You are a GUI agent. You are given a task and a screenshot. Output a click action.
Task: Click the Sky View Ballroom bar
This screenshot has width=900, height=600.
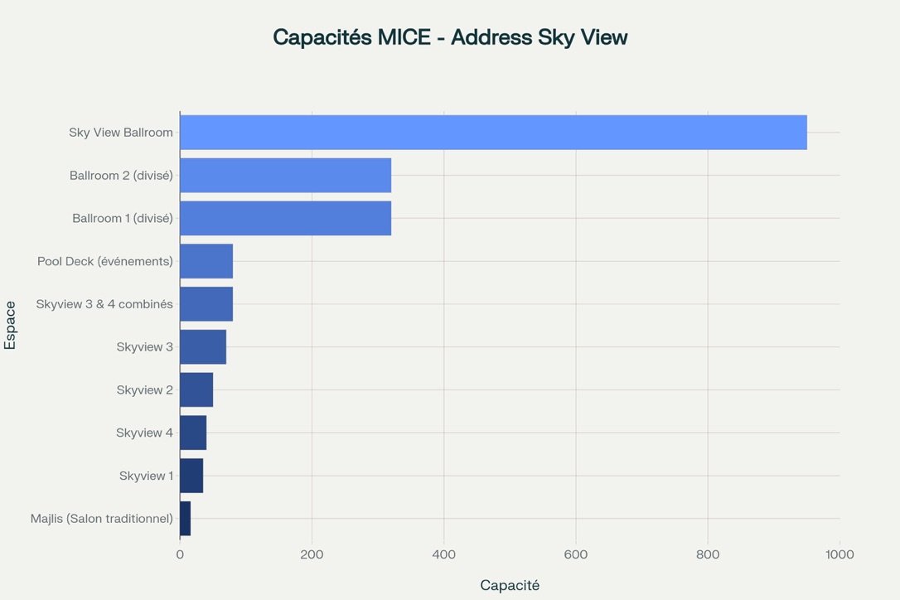coord(493,133)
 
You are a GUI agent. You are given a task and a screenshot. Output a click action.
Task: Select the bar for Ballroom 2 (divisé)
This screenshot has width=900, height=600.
coord(285,176)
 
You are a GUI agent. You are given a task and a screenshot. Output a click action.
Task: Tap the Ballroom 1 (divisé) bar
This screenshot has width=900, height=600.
coord(285,219)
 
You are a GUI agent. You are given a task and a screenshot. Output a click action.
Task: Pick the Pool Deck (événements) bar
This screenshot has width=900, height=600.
coord(206,261)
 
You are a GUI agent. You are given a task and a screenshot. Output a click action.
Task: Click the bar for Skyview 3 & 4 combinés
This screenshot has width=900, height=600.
coord(206,304)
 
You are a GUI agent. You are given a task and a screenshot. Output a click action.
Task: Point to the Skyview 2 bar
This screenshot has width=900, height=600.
coord(196,390)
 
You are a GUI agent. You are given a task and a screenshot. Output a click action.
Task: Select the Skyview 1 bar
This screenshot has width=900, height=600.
coord(191,476)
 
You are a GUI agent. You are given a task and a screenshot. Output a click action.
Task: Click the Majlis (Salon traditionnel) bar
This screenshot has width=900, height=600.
coord(186,519)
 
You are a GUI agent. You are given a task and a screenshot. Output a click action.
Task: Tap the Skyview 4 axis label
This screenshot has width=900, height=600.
coord(144,433)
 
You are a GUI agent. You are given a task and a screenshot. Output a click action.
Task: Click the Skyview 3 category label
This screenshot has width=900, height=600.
coord(144,347)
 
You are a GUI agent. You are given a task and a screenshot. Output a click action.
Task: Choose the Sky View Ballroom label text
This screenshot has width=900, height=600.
coord(121,133)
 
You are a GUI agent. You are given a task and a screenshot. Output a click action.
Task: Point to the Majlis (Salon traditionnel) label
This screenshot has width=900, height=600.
coord(102,519)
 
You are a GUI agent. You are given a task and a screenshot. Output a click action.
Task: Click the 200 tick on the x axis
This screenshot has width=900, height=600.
coord(312,554)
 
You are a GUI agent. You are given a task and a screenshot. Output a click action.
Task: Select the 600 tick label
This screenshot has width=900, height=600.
coord(576,554)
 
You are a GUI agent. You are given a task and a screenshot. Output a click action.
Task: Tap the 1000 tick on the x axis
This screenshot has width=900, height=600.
coord(840,554)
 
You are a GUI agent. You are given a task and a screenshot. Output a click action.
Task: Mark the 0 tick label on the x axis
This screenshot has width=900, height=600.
coord(180,554)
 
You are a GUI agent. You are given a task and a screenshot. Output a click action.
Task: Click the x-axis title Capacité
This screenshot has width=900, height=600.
coord(510,585)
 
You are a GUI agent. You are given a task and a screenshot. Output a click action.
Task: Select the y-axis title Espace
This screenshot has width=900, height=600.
coord(11,326)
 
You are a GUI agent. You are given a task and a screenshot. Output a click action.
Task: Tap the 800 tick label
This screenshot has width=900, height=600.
coord(708,554)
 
